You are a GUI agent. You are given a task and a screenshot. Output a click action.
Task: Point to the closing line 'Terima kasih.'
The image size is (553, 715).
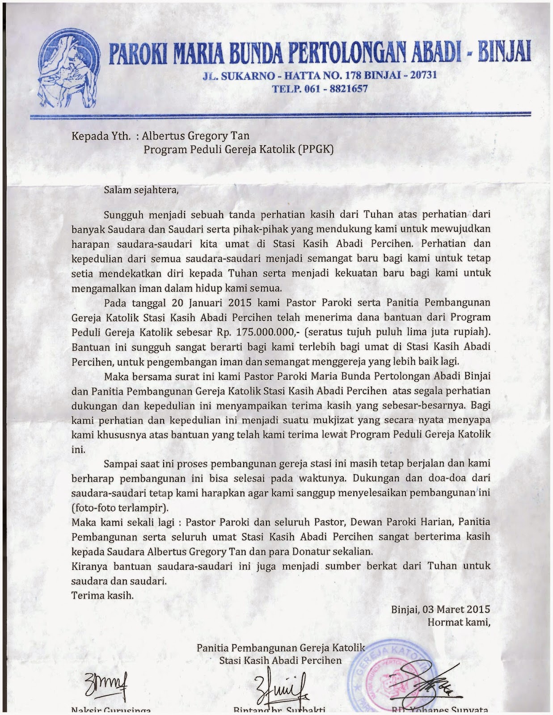(102, 595)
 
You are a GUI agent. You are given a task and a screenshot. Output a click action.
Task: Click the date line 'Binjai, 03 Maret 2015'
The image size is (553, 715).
(440, 609)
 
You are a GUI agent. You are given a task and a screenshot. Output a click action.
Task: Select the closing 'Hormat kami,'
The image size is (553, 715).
(459, 622)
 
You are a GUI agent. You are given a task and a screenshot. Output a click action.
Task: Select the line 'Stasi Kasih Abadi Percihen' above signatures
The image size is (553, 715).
(280, 660)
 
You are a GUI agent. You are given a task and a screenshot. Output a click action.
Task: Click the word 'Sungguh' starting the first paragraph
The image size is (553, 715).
(124, 214)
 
